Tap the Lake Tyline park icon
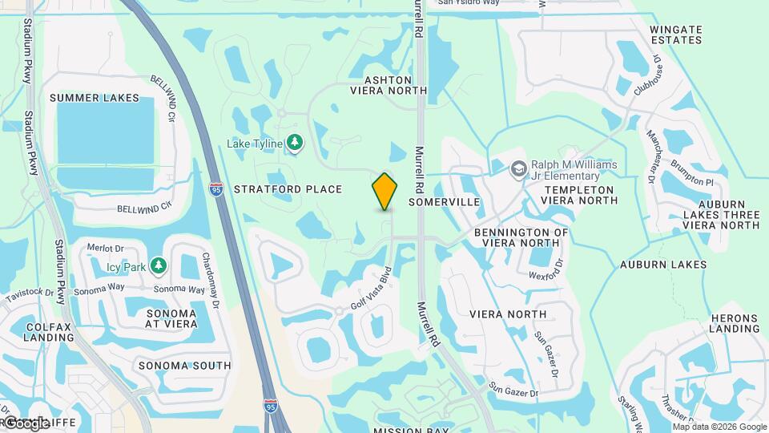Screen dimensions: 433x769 [x=296, y=143]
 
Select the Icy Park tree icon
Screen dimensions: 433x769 [x=159, y=265]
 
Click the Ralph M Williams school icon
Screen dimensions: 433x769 [x=519, y=169]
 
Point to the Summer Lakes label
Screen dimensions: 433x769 [x=94, y=98]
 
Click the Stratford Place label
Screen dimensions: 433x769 [x=288, y=189]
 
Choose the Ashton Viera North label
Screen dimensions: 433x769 [x=389, y=86]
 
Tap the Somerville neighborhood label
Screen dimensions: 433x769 [x=444, y=202]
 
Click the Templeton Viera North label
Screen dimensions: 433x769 [x=579, y=196]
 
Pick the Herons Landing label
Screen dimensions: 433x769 [x=734, y=323]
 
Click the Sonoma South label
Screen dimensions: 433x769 [x=184, y=366]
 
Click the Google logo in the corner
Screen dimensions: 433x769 [x=26, y=423]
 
